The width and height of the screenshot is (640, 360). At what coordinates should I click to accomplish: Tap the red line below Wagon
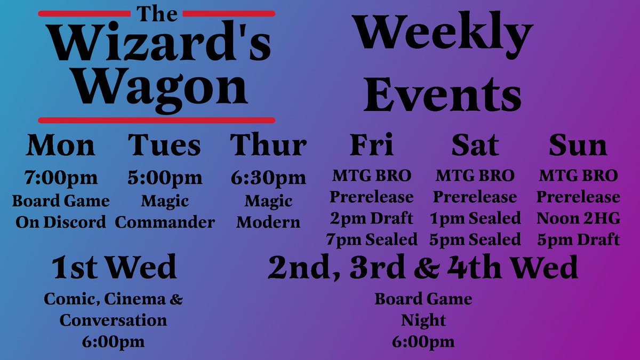click(157, 120)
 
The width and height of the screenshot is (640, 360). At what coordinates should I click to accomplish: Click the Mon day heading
click(61, 145)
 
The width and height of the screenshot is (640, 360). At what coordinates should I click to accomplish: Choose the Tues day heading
click(164, 145)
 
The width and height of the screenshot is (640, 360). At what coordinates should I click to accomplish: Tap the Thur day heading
click(268, 145)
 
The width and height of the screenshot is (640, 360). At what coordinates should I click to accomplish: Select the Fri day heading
click(372, 145)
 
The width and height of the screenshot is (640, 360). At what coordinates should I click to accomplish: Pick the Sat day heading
click(475, 145)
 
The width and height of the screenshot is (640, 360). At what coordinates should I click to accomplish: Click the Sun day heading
click(578, 145)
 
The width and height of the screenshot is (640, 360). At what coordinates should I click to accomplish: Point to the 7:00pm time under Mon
click(61, 177)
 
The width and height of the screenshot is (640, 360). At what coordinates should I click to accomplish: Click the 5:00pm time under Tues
click(165, 177)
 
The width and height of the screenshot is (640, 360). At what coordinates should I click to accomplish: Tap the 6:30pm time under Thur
click(268, 177)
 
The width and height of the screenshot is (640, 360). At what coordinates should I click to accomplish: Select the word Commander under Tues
click(165, 222)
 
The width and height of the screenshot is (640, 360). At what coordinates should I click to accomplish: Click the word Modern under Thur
click(268, 222)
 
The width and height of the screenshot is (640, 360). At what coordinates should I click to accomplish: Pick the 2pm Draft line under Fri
click(372, 219)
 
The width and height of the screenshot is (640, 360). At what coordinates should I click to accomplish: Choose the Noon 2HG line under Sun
click(578, 219)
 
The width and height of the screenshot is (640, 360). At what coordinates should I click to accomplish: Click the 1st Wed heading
click(114, 268)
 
